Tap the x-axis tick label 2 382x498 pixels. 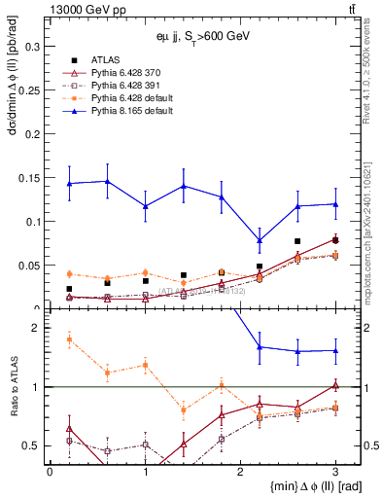pos(240,472)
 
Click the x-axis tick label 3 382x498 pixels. pos(335,472)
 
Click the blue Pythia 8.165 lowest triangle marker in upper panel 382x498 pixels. pos(260,240)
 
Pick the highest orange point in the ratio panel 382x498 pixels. pos(69,338)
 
